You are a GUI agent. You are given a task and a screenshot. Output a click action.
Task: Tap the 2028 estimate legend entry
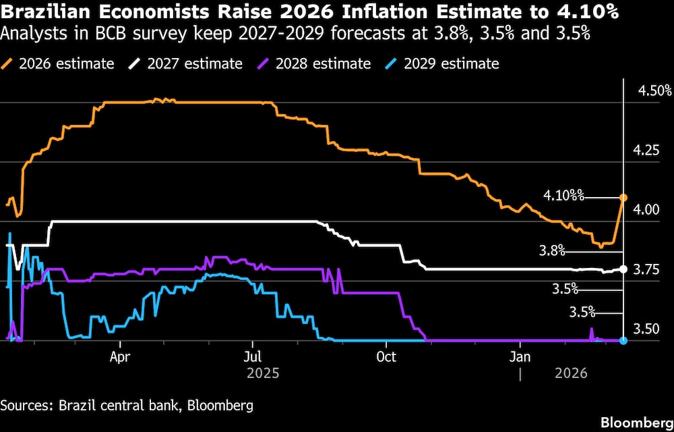coord(313,64)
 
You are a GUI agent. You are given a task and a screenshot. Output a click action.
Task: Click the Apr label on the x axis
coord(119,356)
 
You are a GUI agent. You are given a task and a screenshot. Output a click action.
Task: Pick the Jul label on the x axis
coord(253,356)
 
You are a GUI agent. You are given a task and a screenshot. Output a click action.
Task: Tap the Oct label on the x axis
coord(386,356)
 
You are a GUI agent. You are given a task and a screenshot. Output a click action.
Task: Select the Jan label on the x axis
coord(520,356)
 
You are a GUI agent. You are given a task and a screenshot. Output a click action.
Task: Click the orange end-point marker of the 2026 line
coord(623,198)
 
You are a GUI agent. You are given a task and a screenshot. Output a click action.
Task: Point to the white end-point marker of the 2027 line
coord(623,269)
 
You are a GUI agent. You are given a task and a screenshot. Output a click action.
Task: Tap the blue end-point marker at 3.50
coord(623,341)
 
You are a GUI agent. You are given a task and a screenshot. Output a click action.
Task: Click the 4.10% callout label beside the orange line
coord(563,196)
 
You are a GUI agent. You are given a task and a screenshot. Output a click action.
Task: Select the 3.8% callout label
coord(551,251)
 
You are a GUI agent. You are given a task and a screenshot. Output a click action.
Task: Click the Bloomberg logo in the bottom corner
coord(636,423)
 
